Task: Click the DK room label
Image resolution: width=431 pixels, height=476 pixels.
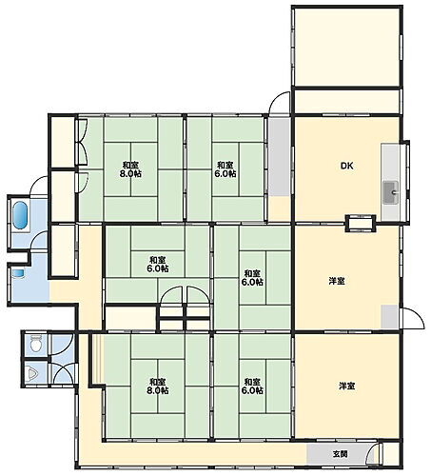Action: (x=346, y=166)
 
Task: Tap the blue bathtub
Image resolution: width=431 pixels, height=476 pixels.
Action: (x=21, y=215)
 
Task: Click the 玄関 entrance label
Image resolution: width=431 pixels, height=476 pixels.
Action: (x=341, y=453)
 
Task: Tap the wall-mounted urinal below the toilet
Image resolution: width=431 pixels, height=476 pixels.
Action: (x=32, y=373)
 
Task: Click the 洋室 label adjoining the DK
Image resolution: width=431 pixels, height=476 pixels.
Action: (x=337, y=281)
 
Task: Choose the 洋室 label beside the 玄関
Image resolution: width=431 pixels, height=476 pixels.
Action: (x=346, y=386)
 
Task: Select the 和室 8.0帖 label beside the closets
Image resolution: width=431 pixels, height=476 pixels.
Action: (x=130, y=168)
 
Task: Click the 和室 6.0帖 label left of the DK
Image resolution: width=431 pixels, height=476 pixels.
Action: (x=225, y=168)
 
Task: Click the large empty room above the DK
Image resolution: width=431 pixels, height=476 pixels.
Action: (x=344, y=48)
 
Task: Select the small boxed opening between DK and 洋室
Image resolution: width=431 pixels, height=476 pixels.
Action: (x=360, y=225)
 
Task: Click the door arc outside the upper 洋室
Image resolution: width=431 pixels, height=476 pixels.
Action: (x=412, y=322)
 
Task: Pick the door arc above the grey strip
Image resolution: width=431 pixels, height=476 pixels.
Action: (x=278, y=106)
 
